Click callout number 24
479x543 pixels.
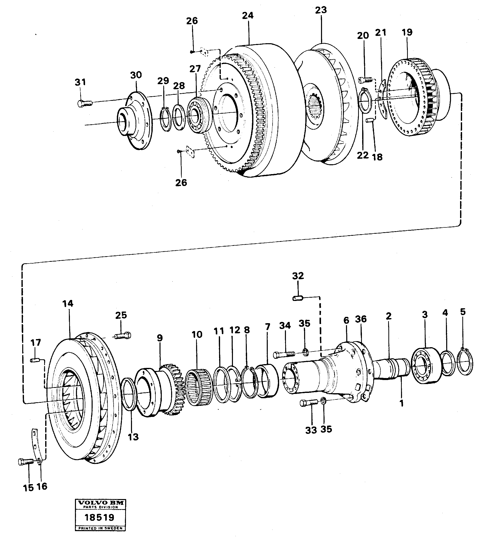[248, 16]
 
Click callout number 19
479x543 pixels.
[407, 32]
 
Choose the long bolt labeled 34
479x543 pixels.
[284, 354]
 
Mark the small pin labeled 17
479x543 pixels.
[35, 361]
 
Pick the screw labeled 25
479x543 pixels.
[123, 336]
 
